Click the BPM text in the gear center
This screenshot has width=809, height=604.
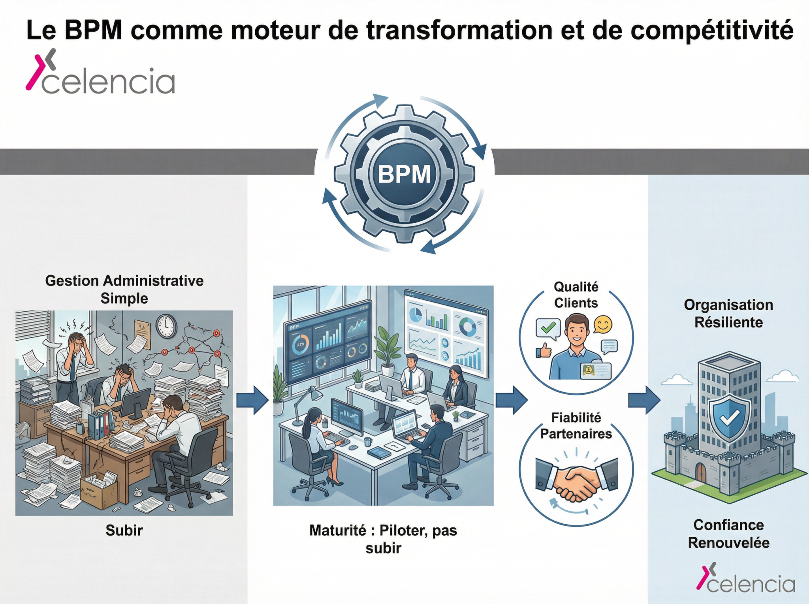[404, 174]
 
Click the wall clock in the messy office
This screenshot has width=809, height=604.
[166, 326]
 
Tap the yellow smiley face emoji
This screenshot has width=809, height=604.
[603, 324]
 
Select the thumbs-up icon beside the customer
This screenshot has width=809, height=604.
[544, 350]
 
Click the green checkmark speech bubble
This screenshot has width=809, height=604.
[548, 328]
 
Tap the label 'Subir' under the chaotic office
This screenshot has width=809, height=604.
[124, 530]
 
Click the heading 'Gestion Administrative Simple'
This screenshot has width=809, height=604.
[124, 289]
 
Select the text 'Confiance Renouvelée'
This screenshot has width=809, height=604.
[728, 534]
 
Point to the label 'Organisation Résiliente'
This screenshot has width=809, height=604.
[728, 313]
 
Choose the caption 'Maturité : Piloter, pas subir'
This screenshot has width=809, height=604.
[383, 539]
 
